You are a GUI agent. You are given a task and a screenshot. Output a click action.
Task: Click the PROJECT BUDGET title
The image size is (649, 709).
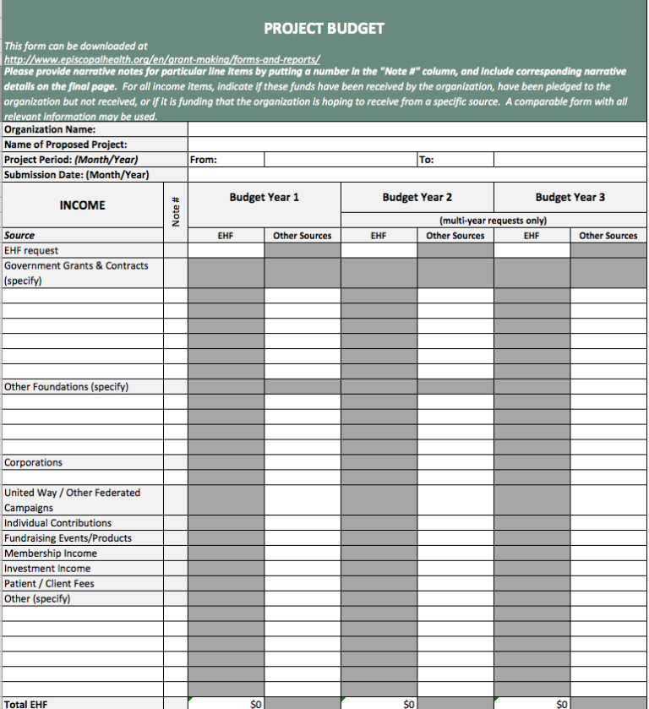(x=324, y=29)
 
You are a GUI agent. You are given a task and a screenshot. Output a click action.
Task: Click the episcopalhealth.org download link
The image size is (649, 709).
(x=161, y=59)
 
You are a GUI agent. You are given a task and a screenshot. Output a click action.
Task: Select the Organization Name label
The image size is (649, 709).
(x=50, y=129)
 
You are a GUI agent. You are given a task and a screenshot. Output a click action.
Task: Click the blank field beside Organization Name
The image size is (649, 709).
(x=417, y=129)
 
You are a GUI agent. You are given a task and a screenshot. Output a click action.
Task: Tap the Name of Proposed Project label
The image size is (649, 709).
(x=66, y=145)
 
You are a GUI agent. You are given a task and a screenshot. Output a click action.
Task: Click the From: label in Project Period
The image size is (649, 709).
(x=204, y=160)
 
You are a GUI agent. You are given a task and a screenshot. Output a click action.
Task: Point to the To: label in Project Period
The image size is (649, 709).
(x=427, y=160)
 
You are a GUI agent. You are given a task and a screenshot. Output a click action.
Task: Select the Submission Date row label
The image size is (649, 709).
(x=76, y=175)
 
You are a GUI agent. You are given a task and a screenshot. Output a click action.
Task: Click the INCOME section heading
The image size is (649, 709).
(x=83, y=205)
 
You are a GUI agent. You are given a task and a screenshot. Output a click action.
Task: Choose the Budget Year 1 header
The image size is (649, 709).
(x=264, y=197)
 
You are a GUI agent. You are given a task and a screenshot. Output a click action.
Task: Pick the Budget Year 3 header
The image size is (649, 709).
(x=570, y=197)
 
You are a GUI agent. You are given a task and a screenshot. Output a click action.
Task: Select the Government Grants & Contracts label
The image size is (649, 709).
(x=76, y=265)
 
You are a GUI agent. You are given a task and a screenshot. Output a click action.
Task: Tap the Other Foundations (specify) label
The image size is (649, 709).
(x=66, y=387)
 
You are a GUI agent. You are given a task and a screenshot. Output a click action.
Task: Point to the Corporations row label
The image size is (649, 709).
(x=33, y=463)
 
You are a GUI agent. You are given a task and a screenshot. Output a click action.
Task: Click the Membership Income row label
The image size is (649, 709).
(x=51, y=554)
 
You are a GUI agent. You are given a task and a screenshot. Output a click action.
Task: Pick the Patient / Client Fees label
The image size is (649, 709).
(x=49, y=584)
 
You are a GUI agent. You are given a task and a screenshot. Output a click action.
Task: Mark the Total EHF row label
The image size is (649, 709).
(x=26, y=703)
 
